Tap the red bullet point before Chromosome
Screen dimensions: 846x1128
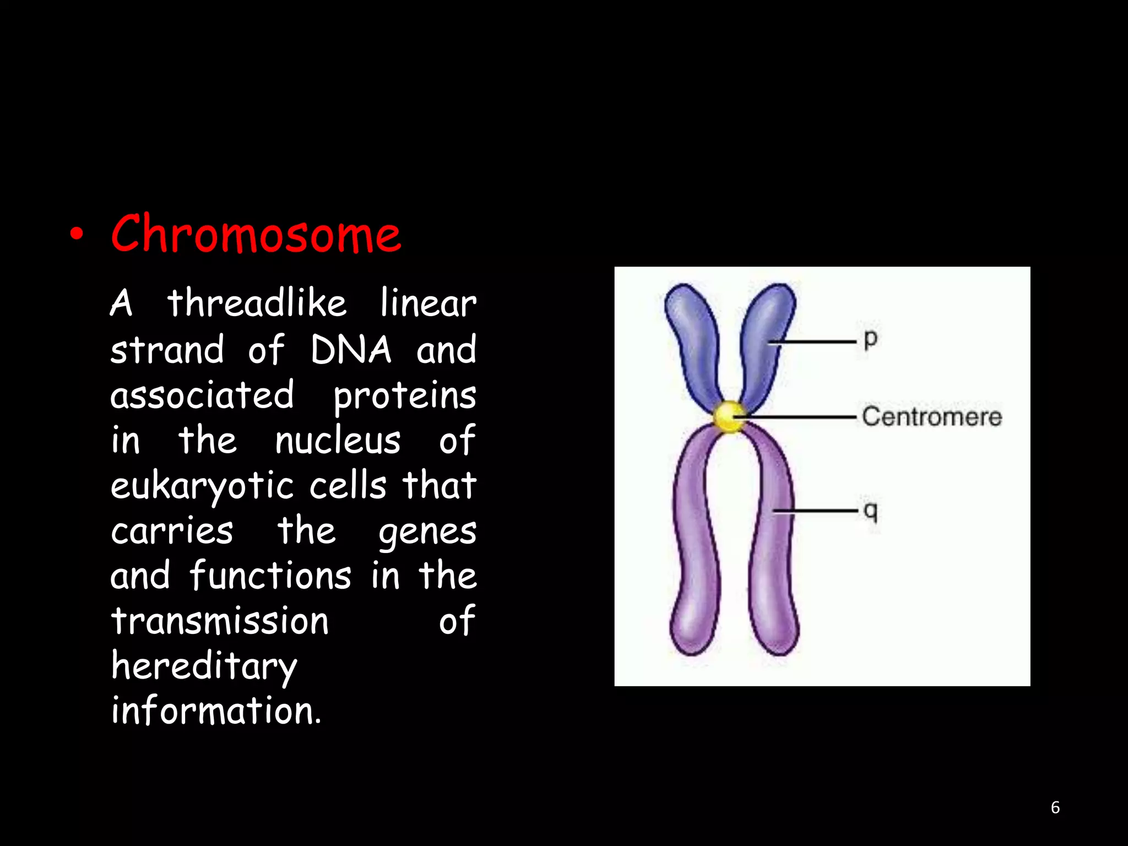77,236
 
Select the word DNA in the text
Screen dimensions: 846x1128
351,350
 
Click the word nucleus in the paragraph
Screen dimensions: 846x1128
338,441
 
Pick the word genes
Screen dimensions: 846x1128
427,532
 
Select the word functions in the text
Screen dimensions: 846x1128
270,576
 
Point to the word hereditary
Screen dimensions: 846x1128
204,667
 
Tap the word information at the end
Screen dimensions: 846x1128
216,711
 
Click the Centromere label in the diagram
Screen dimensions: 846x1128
931,417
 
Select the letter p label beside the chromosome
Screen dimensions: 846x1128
870,339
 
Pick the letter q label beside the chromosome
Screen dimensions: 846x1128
870,511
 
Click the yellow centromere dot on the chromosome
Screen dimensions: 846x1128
729,416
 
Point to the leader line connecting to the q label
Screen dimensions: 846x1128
815,511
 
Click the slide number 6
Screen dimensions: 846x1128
1055,807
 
